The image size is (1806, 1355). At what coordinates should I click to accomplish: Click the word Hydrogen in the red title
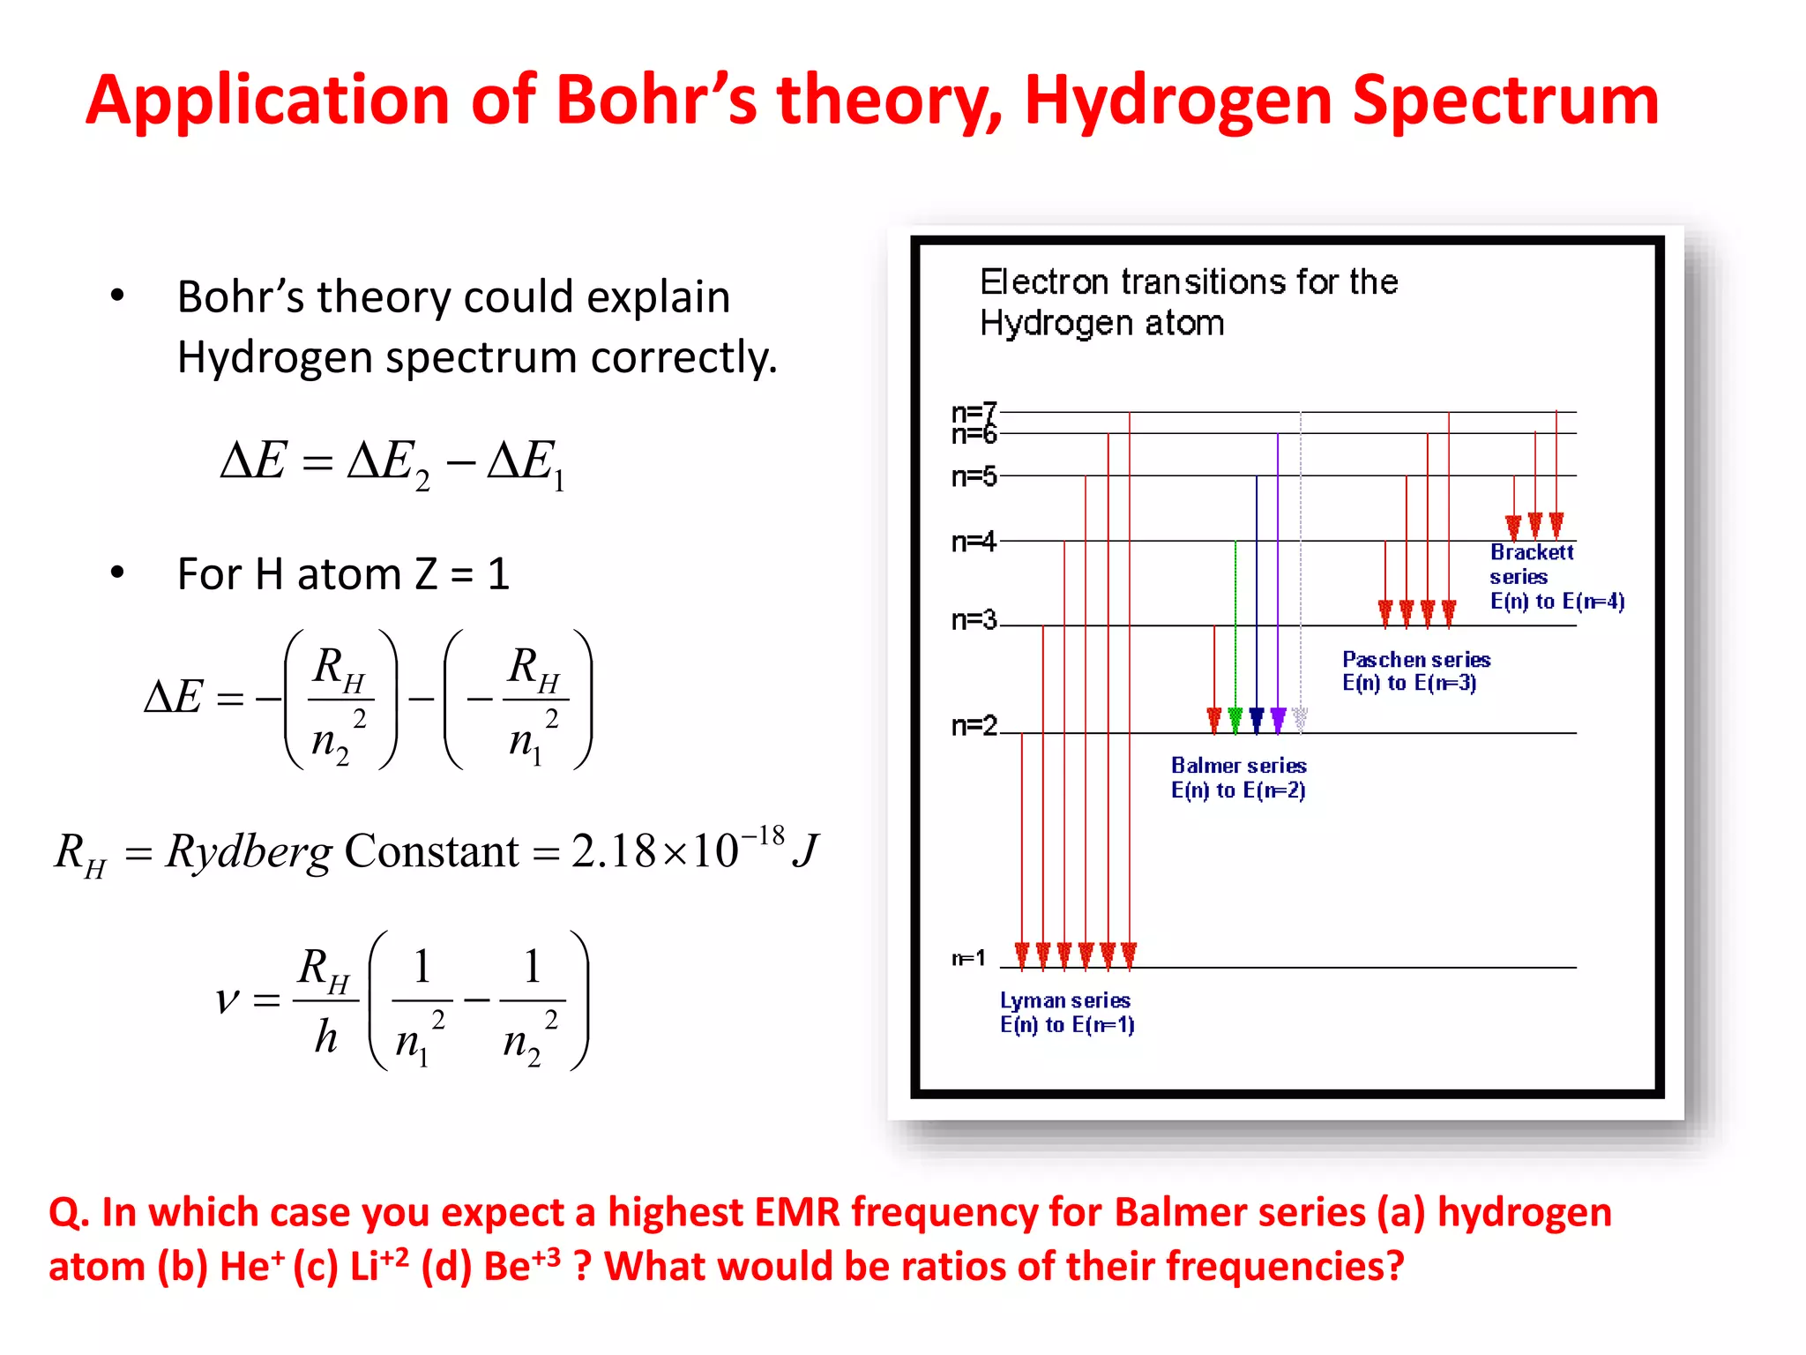coord(1178,101)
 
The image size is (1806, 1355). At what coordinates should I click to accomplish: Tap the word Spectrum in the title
coord(1505,101)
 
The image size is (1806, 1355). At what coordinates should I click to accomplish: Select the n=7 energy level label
coord(974,411)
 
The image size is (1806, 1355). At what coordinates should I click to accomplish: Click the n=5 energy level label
coord(974,476)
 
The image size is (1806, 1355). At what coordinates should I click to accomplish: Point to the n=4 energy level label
coord(974,541)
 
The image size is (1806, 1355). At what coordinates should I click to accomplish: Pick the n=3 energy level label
coord(974,620)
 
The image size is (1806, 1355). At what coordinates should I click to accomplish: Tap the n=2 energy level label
coord(974,725)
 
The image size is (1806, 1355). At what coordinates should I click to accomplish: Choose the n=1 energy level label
coord(968,958)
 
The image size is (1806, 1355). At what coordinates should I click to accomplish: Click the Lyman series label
coord(1065,1000)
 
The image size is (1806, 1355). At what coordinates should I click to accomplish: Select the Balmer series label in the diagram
coord(1238,766)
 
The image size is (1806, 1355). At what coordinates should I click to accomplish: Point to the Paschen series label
coord(1416,660)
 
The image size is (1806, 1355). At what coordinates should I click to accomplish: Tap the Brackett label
coord(1532,552)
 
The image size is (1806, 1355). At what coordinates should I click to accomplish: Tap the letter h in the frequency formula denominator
coord(326,1037)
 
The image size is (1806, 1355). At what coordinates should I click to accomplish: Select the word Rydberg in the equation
coord(250,852)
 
